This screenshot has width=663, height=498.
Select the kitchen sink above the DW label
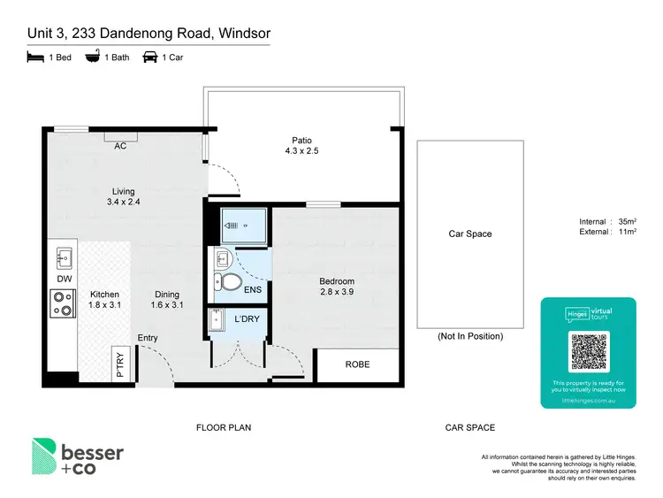coord(64,259)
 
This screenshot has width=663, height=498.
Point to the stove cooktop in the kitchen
coord(64,305)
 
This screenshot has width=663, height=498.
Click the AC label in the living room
coord(120,146)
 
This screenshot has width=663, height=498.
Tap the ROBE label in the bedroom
coord(356,364)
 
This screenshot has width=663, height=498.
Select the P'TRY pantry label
coord(121,365)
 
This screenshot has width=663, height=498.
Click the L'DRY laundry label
coord(248,318)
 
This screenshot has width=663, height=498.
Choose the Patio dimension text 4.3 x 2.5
coord(301,152)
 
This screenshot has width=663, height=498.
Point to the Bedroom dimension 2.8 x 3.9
coord(337,292)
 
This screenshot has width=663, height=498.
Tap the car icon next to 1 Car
coord(149,57)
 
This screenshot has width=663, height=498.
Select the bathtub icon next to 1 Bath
coord(92,57)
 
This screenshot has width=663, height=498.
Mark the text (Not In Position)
coord(470,336)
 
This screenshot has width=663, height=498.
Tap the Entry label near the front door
coord(148,338)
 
